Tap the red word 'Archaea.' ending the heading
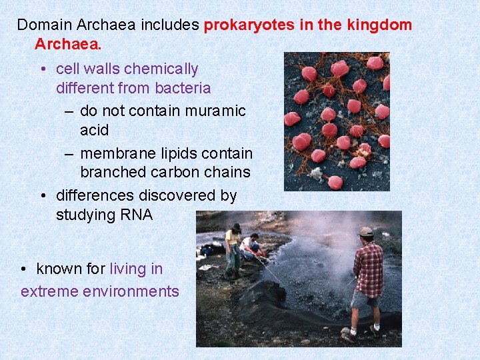(x=68, y=45)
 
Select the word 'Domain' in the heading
(x=44, y=26)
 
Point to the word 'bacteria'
(x=183, y=88)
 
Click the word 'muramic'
(x=215, y=111)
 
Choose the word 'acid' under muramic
(x=94, y=129)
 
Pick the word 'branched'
(x=110, y=172)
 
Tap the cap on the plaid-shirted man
(x=365, y=232)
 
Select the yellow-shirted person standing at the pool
(x=233, y=250)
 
